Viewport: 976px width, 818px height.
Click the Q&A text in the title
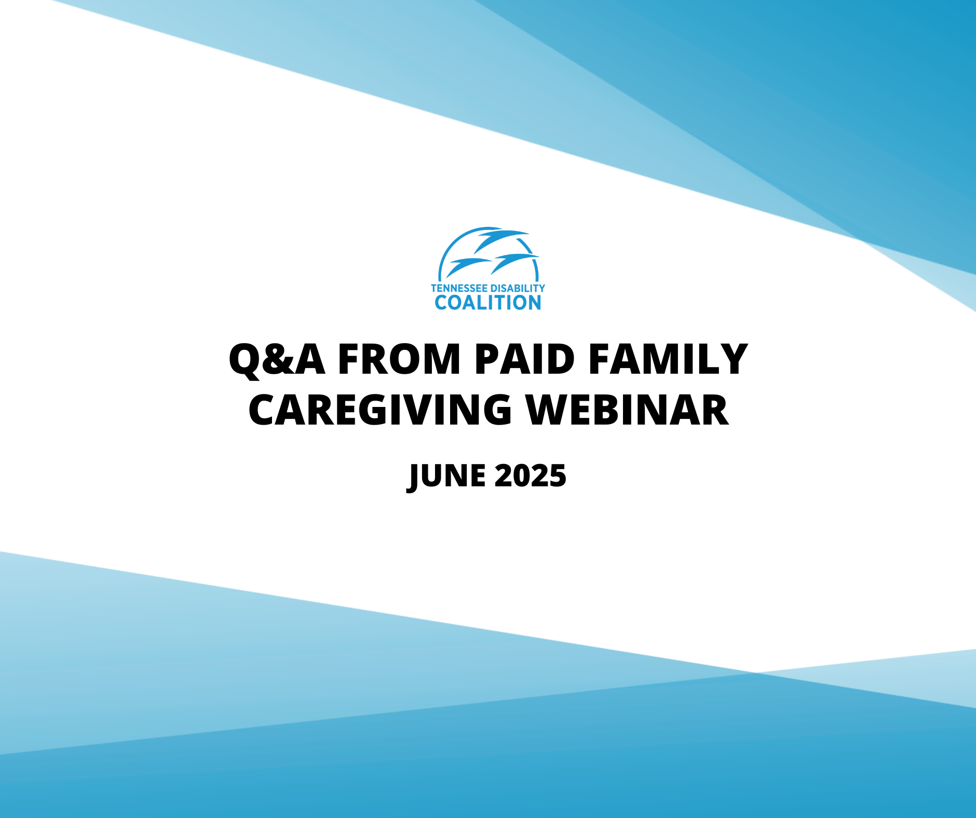tap(277, 359)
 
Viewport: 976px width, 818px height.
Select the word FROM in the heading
tap(399, 359)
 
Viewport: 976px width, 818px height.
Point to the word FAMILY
tap(668, 359)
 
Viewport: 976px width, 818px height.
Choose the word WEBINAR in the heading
tap(627, 410)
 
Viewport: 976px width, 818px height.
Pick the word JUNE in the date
tap(448, 476)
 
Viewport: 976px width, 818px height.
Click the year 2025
tap(530, 476)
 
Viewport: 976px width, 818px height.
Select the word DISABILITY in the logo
tap(518, 288)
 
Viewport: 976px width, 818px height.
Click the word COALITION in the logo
tap(488, 303)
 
